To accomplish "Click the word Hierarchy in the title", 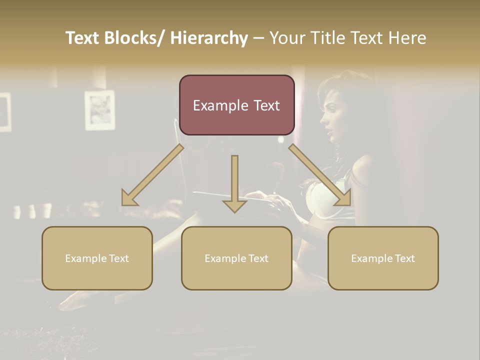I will (x=208, y=38).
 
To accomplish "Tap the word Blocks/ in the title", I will (x=138, y=38).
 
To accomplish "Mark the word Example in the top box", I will (x=220, y=105).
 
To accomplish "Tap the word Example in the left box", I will (x=85, y=258).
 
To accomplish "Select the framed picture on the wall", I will (x=99, y=110).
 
